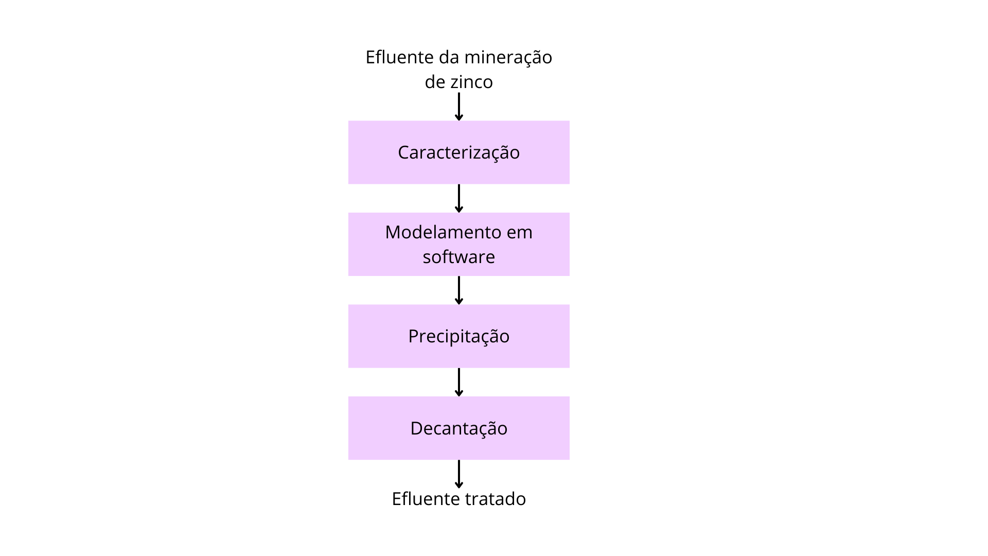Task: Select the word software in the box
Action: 458,256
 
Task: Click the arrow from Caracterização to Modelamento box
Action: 459,198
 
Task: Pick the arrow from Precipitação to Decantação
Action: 459,382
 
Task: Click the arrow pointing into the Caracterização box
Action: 459,107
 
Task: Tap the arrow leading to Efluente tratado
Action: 459,474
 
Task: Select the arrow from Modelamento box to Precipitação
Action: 459,290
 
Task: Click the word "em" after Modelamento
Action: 520,233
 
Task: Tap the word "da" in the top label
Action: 449,57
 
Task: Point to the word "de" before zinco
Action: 435,82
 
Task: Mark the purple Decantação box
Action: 459,428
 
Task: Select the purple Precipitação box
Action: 459,336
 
